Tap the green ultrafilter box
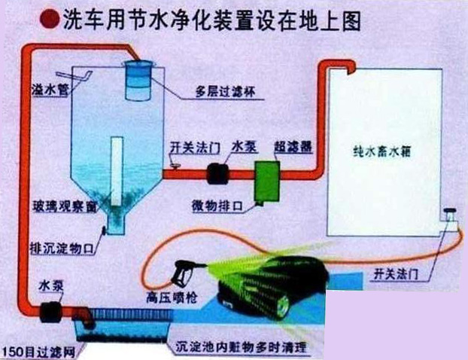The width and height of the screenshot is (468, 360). pos(266,182)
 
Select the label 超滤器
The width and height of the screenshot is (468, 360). pos(289,145)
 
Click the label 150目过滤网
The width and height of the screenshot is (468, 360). pos(32,351)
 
